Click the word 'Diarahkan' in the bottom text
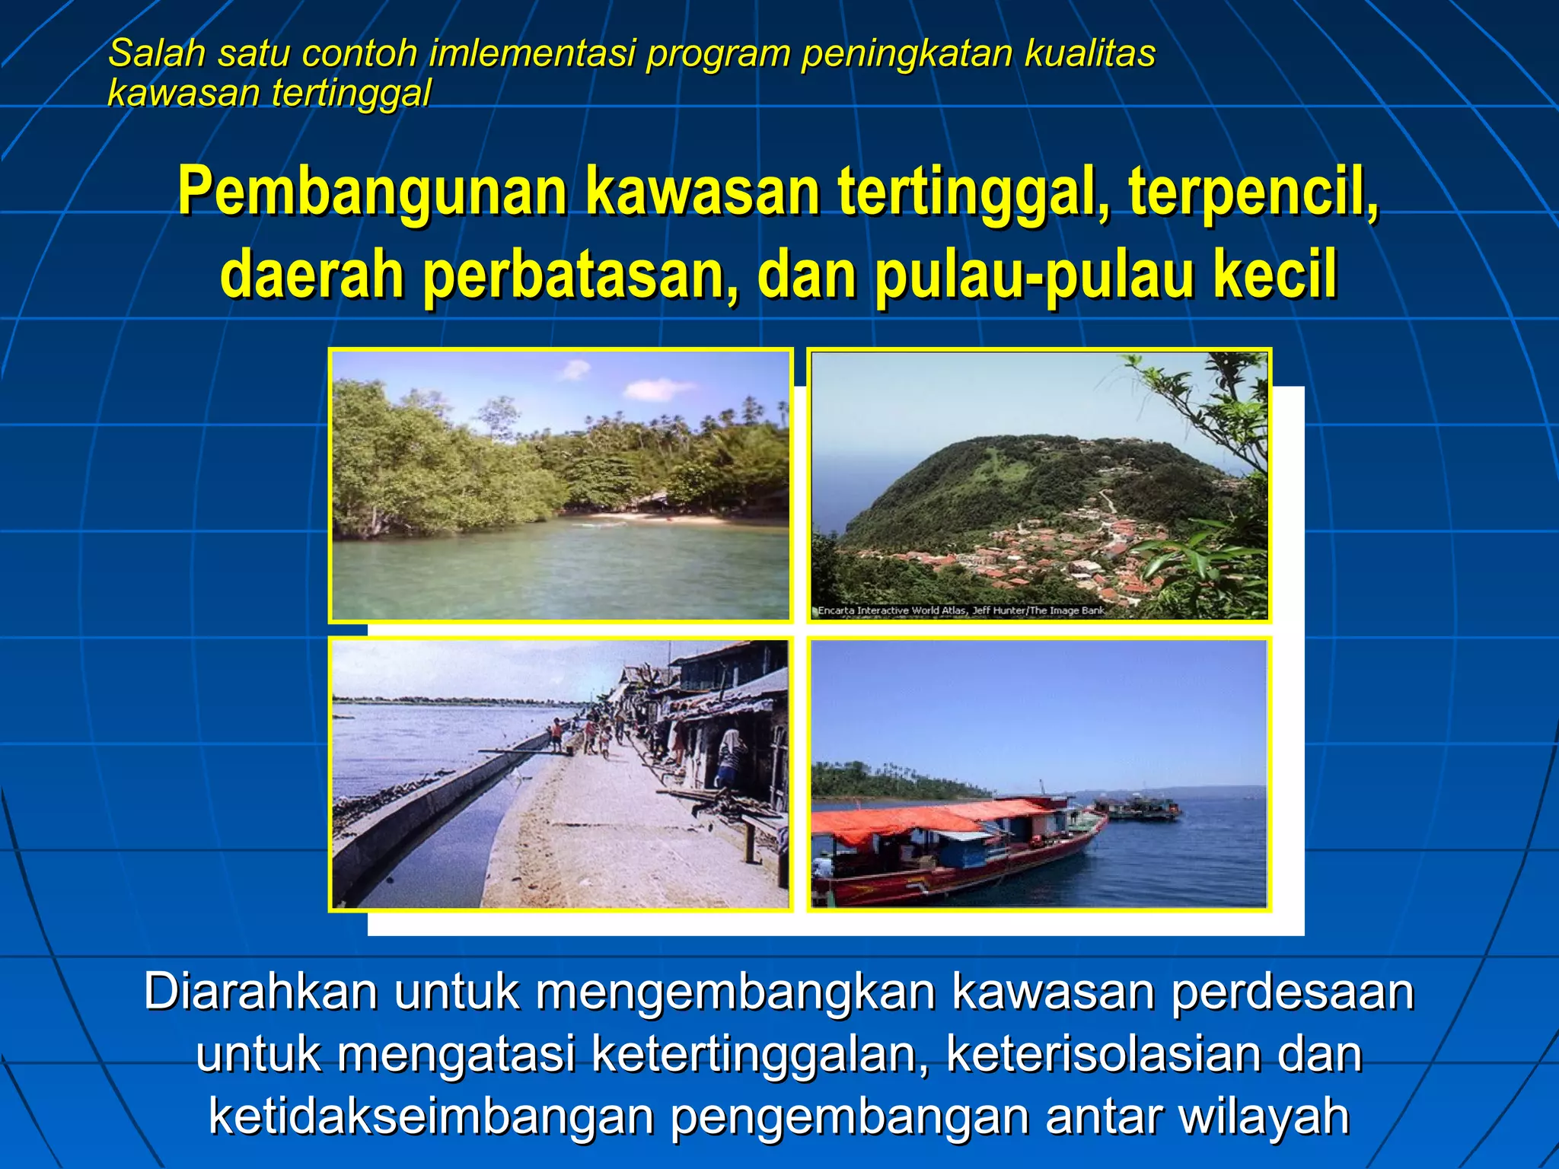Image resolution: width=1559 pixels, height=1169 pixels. (260, 992)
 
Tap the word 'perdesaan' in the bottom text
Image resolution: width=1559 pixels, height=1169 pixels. (1292, 992)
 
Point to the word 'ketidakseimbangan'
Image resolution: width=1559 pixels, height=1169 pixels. (432, 1116)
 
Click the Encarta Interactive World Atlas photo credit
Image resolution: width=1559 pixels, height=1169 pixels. (961, 610)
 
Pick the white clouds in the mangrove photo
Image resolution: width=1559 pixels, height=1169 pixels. (655, 390)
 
